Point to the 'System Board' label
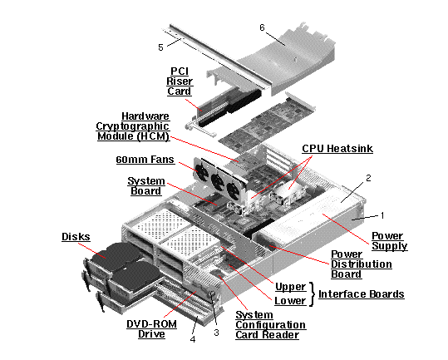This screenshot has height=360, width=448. pyautogui.click(x=145, y=186)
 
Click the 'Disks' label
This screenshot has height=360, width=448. pyautogui.click(x=76, y=236)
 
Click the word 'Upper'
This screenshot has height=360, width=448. pyautogui.click(x=290, y=286)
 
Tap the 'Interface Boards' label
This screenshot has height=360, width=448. pyautogui.click(x=362, y=293)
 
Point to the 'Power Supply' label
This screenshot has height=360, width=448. pyautogui.click(x=389, y=241)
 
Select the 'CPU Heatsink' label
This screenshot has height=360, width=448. pyautogui.click(x=337, y=149)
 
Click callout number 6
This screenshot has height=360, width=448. pyautogui.click(x=262, y=27)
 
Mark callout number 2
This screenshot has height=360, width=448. pyautogui.click(x=367, y=178)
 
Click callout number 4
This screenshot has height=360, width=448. pyautogui.click(x=194, y=338)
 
